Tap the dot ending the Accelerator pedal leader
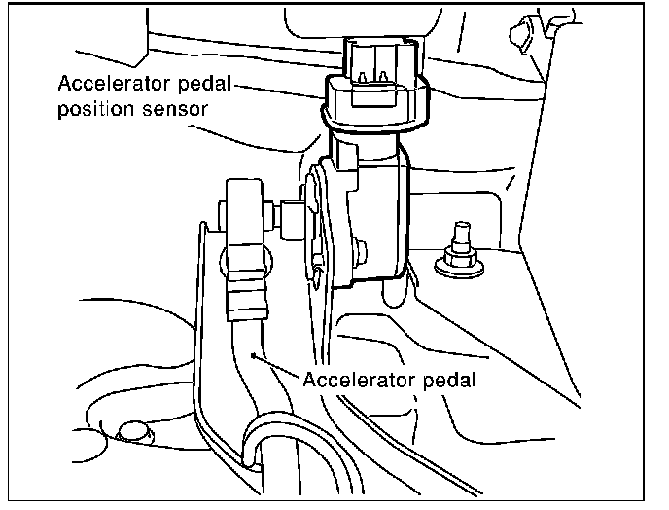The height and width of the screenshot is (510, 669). (255, 357)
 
